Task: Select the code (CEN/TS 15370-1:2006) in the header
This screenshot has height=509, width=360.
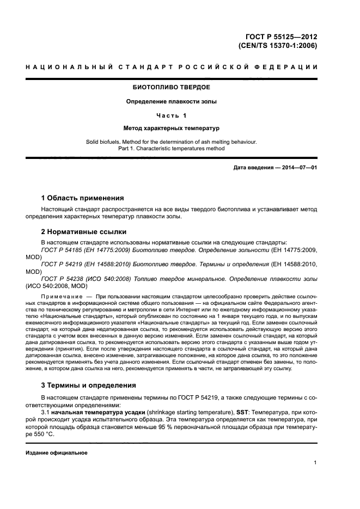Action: coord(278,46)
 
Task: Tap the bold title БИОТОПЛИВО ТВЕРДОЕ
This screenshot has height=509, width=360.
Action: coord(172,87)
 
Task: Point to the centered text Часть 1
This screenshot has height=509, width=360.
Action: coord(172,115)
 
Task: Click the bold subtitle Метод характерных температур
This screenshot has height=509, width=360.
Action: coord(172,128)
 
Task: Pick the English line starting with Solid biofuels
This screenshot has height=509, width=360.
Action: coord(172,142)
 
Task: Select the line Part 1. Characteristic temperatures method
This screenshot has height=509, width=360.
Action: coord(172,149)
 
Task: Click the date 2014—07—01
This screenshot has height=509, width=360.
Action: coord(298,168)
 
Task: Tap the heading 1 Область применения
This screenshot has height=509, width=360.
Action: coord(83,198)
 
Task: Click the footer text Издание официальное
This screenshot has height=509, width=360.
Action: coord(57,453)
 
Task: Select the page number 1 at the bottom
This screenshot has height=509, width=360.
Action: coord(315,463)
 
